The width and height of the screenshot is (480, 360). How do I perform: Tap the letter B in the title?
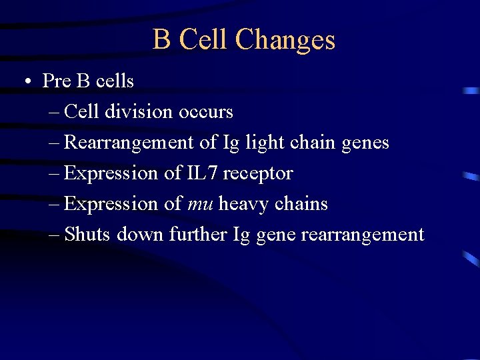(161, 39)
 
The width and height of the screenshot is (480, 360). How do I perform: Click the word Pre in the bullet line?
(56, 81)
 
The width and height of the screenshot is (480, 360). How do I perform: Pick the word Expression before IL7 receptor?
(111, 173)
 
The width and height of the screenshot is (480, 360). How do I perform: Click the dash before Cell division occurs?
(55, 112)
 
